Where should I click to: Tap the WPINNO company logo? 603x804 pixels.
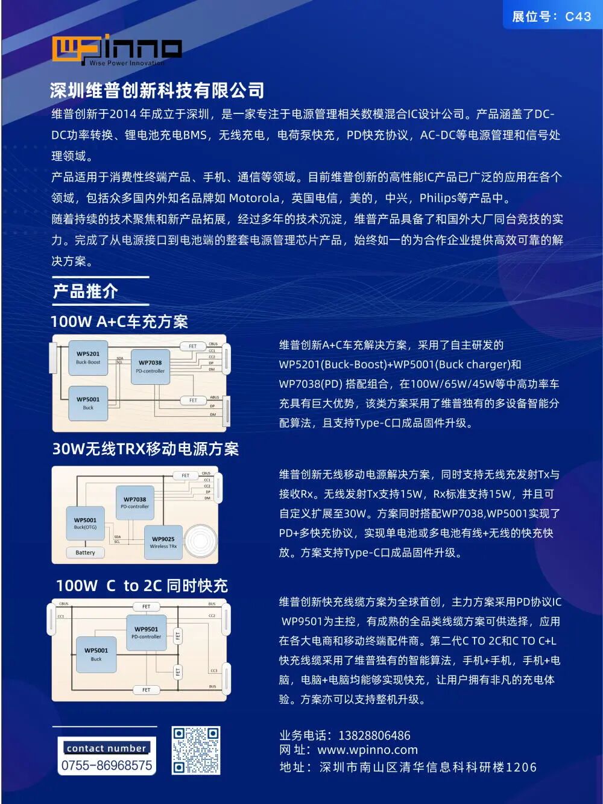(116, 50)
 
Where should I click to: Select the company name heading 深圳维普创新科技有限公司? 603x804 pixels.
(157, 90)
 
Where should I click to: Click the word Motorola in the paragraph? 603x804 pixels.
(254, 198)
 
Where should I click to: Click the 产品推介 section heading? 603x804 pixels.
(85, 291)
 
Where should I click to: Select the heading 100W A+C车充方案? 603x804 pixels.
(119, 321)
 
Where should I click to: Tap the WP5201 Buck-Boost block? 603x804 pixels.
(88, 358)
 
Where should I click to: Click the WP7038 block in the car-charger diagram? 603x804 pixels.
(150, 367)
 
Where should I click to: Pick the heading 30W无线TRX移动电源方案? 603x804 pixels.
(145, 449)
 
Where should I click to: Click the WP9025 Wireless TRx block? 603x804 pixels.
(163, 542)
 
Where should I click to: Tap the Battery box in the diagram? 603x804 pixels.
(85, 552)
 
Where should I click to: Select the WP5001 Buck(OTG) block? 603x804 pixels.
(85, 523)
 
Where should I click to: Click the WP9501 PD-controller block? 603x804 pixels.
(146, 632)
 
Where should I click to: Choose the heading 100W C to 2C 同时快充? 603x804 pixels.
(142, 586)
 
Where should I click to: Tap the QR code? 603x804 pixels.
(195, 750)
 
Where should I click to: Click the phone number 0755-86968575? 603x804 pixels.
(107, 765)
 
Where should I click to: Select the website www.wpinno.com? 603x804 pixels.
(367, 750)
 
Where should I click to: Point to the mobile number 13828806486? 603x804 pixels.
(374, 735)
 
